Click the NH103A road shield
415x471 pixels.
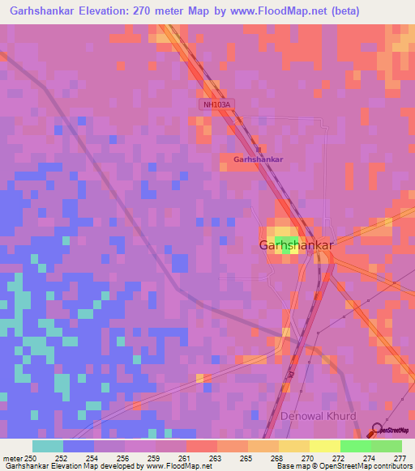click(216, 104)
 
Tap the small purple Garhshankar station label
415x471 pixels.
click(258, 159)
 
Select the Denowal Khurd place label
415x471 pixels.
click(318, 416)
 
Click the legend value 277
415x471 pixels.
click(400, 459)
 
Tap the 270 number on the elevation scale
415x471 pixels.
click(308, 459)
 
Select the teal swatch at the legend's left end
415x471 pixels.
click(48, 446)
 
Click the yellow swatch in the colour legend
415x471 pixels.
click(324, 446)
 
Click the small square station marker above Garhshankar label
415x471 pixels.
click(259, 149)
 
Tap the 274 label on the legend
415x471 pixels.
click(370, 459)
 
